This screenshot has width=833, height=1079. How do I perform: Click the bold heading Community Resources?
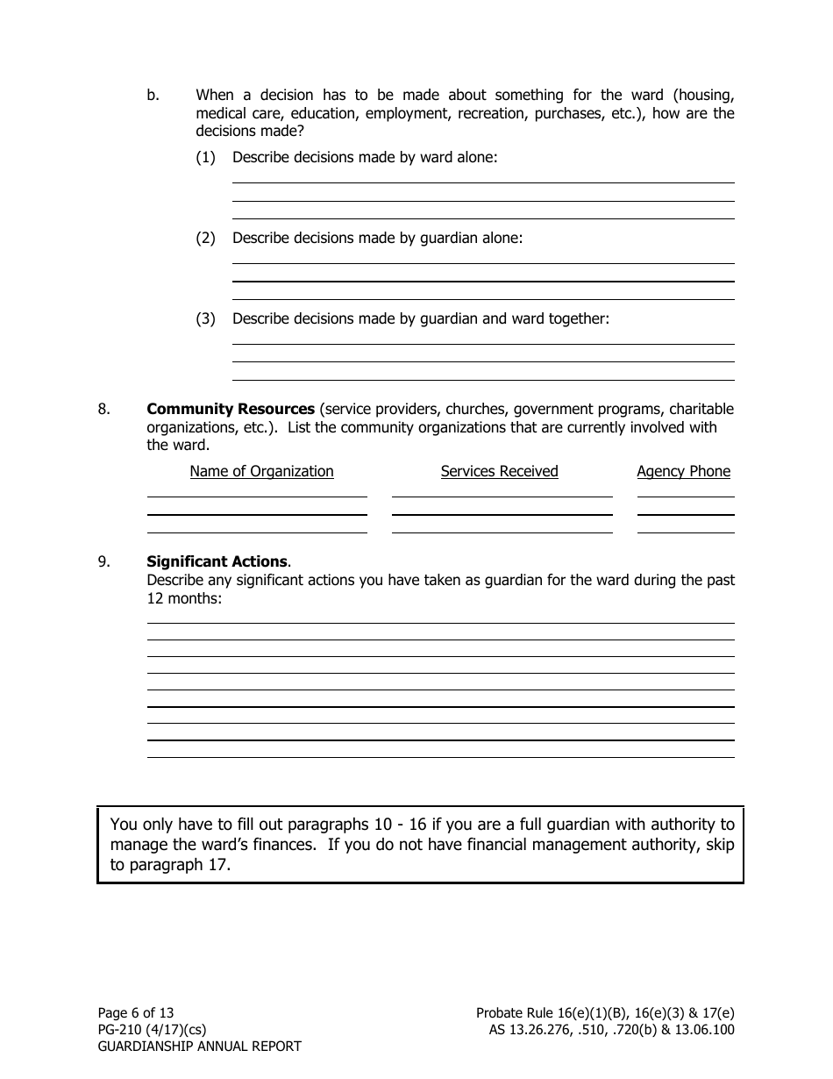point(230,409)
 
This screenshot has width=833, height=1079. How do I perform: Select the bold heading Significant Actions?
point(217,561)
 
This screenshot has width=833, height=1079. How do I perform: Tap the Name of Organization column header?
point(261,471)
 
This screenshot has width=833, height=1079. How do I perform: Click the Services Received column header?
point(499,471)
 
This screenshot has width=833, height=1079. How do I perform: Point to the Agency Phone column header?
point(683,471)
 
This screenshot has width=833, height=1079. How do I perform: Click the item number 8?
point(103,409)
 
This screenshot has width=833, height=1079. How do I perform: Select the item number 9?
point(103,561)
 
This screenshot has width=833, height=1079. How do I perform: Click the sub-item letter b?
point(153,95)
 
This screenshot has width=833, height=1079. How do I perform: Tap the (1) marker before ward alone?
point(205,158)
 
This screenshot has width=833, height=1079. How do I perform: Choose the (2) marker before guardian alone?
point(205,238)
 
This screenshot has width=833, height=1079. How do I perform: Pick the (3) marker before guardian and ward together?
point(205,318)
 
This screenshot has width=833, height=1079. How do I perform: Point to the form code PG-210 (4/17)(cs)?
point(152,1029)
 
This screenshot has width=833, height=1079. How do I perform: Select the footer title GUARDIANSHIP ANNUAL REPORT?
point(199,1046)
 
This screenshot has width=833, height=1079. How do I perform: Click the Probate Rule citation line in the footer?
point(605,1012)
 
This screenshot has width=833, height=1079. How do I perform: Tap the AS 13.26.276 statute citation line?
point(611,1029)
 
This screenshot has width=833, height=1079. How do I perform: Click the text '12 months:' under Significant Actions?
point(184,598)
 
